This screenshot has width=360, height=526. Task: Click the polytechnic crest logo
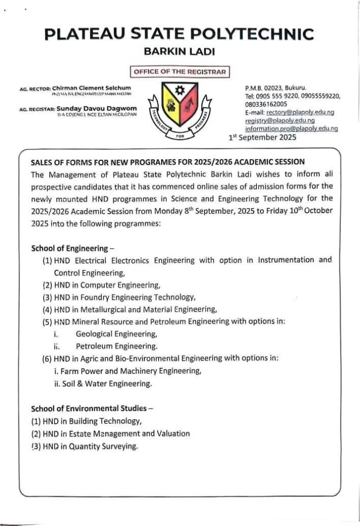tap(180, 109)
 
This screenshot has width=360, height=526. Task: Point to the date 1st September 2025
tap(262, 137)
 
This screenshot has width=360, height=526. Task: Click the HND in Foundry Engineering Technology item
tap(120, 297)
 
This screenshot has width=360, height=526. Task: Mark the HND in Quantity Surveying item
tap(85, 446)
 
